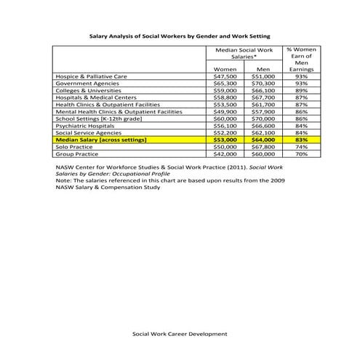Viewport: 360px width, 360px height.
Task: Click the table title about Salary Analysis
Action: [180, 34]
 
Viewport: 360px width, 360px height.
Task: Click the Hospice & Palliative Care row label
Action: [92, 76]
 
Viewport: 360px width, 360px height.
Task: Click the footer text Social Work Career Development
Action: [180, 334]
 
